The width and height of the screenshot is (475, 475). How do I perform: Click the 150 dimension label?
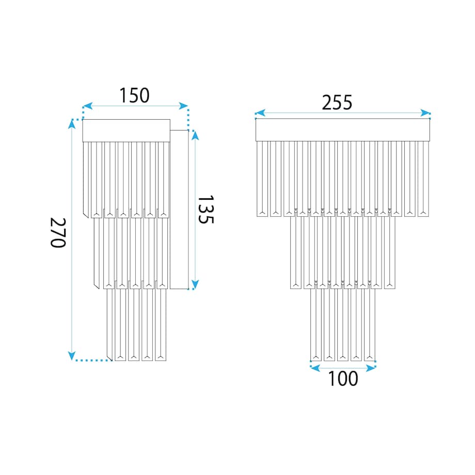(135, 96)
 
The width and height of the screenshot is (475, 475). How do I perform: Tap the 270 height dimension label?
(58, 233)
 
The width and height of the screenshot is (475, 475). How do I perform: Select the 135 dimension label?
(205, 209)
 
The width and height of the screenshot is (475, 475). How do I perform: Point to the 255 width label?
(337, 102)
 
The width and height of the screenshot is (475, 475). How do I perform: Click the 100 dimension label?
(343, 378)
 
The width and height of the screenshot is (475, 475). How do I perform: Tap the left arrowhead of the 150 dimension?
(87, 106)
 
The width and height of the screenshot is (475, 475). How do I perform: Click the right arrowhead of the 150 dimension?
(183, 106)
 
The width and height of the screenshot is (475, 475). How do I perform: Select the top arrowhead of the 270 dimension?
(72, 124)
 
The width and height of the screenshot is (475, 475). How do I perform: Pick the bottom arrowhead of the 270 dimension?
(72, 356)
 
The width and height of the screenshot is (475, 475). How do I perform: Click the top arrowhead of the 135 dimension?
(195, 135)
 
